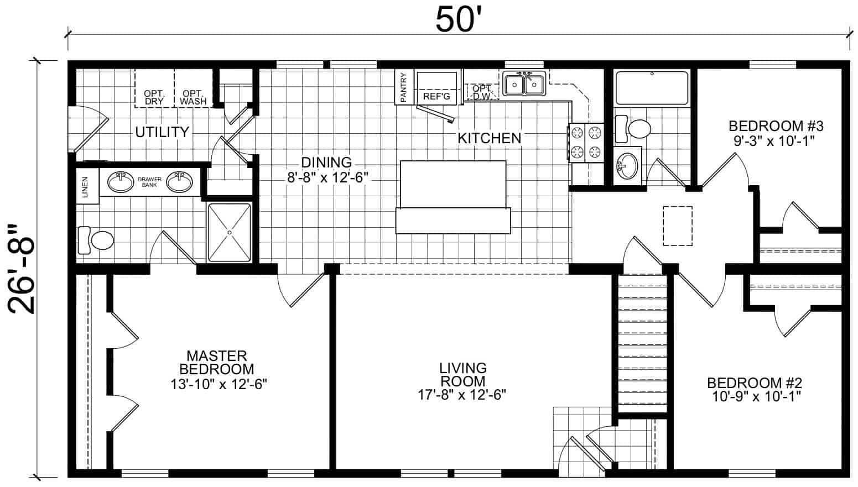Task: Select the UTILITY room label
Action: click(x=162, y=132)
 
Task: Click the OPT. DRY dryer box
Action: click(x=154, y=88)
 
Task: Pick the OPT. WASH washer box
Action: click(x=194, y=88)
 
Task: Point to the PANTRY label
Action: click(x=403, y=87)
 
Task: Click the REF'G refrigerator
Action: click(x=436, y=88)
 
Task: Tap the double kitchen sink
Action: click(x=524, y=83)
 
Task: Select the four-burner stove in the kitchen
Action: click(x=586, y=143)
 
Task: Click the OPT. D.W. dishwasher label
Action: click(x=482, y=93)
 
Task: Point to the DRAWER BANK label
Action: click(x=149, y=182)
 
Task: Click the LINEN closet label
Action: click(x=85, y=187)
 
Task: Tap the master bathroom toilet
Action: click(x=96, y=240)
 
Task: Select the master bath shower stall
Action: click(x=230, y=232)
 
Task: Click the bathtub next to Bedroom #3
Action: click(x=652, y=88)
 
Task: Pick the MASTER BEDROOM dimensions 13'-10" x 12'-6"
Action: click(x=219, y=384)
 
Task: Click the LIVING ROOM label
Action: click(x=462, y=374)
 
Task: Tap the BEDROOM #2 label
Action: click(x=755, y=383)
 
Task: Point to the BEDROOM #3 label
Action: click(x=776, y=126)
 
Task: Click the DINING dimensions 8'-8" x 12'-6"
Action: click(x=327, y=177)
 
